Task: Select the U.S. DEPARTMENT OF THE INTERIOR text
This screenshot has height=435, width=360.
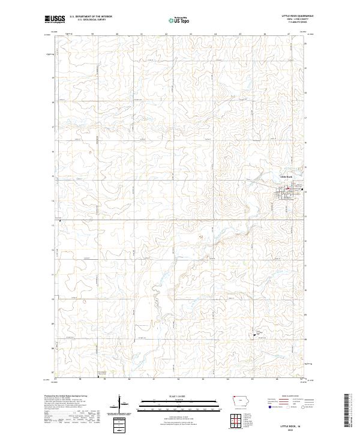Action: point(91,17)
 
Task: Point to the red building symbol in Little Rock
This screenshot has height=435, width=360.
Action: point(287,189)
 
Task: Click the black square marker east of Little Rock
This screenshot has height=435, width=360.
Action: point(305,192)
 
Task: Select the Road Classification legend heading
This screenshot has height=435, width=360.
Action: point(290,397)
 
